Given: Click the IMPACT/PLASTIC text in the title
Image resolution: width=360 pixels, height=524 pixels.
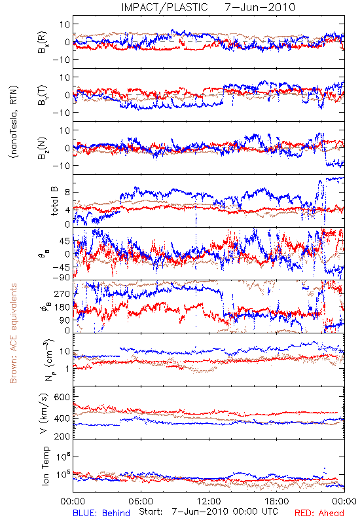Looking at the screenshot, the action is pos(164,7).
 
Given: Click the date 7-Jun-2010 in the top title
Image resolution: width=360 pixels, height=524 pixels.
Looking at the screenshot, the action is pos(260,7).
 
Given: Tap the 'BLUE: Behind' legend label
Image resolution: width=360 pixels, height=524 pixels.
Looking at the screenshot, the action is pos(101,513).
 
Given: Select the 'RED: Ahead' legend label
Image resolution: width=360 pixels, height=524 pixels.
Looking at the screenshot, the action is pos(319,513).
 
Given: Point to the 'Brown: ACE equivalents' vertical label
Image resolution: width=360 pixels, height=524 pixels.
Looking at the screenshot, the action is pos(13,333).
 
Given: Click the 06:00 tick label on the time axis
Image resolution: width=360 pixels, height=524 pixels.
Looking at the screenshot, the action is pos(141,501).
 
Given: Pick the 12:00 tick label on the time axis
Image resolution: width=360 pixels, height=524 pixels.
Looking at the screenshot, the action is pos(209,501).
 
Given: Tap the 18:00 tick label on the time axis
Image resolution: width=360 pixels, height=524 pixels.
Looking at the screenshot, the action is pos(277,501).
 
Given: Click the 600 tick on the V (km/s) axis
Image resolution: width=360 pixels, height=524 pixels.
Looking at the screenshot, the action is pos(62,397).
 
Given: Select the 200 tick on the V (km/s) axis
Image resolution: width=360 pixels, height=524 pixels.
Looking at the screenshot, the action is pos(62,436).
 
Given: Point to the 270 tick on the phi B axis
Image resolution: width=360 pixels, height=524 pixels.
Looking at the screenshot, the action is pos(62,293).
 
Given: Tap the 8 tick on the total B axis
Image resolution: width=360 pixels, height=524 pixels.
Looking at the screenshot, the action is pos(67,193).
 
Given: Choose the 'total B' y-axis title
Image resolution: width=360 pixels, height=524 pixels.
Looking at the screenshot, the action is pos(54,200).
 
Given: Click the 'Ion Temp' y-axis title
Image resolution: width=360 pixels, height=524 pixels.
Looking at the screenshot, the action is pos(45,466).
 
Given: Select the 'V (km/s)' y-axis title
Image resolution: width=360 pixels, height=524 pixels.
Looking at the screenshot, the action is pos(44,413).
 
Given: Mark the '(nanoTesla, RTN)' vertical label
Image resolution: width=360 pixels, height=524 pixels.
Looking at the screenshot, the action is pos(14,121).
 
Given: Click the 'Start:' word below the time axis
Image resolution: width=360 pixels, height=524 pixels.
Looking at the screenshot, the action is pos(151,512).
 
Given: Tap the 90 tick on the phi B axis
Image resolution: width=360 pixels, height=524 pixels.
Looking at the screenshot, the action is pos(64,320).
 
